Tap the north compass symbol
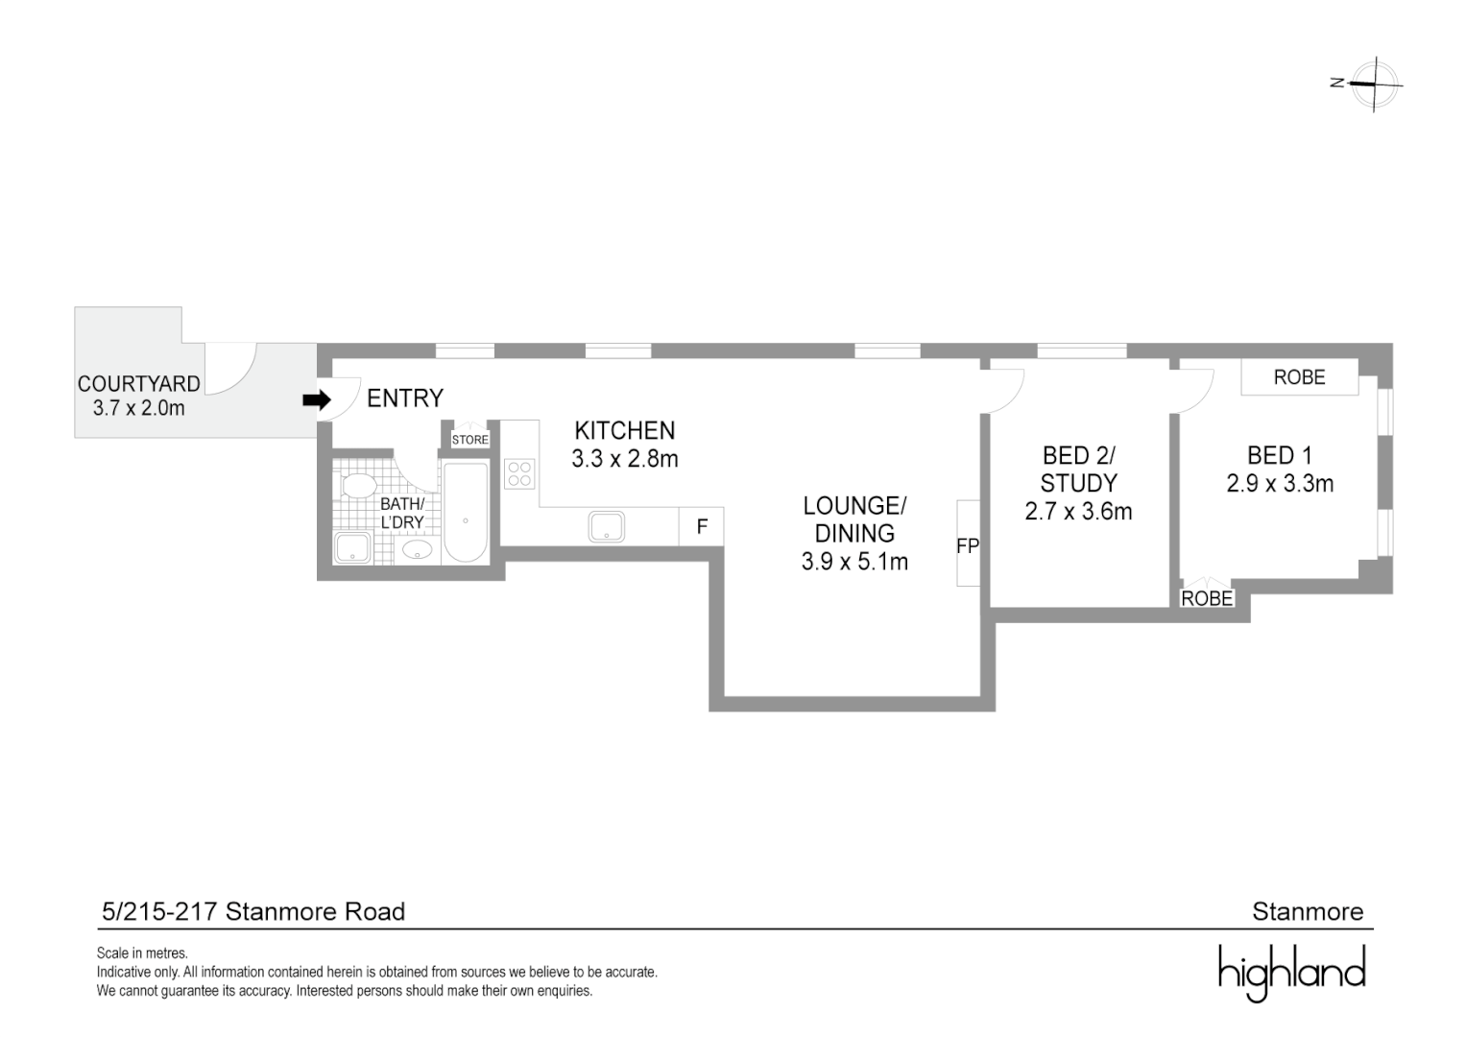(x=1373, y=84)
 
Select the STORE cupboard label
(x=470, y=440)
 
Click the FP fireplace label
(x=967, y=545)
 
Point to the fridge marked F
(x=702, y=527)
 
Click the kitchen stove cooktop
(x=519, y=474)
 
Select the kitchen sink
(x=607, y=526)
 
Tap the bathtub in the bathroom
(x=466, y=513)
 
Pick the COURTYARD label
(x=139, y=383)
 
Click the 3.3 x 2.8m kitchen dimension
(x=625, y=459)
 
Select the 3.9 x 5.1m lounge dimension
(x=854, y=562)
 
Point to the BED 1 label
(x=1279, y=455)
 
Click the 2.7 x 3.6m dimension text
(x=1078, y=512)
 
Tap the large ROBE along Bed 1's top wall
(x=1299, y=377)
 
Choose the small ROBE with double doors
(x=1207, y=598)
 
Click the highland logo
(x=1291, y=972)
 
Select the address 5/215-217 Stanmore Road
(x=253, y=911)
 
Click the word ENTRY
(x=405, y=398)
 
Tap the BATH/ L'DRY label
(x=402, y=513)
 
